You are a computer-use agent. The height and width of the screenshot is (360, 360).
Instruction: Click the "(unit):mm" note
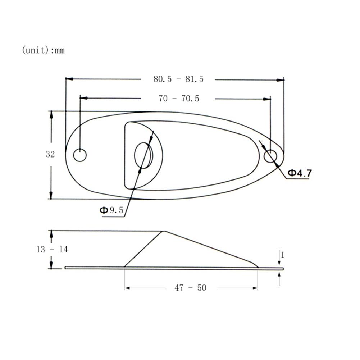pos(43,50)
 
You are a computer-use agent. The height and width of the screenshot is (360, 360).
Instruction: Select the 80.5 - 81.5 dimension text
pos(178,79)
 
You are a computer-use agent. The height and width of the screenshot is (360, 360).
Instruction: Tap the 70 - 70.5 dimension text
pos(178,98)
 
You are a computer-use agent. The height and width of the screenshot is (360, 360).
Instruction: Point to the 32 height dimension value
pos(50,155)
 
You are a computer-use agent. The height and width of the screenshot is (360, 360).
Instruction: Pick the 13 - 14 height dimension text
pos(52,249)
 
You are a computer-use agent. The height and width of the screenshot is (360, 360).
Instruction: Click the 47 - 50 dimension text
pos(191,288)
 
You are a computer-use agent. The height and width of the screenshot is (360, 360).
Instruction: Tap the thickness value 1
pos(283,255)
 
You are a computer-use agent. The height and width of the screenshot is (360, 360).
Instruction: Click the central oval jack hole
pos(143,155)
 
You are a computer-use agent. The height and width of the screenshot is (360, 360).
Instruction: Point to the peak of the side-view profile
pos(164,231)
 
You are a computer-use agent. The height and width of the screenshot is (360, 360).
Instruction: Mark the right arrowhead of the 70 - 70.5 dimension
pos(267,98)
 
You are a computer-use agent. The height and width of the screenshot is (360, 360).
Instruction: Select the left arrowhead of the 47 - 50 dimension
pos(127,288)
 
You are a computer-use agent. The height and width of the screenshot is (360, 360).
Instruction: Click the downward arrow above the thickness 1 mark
pos(279,263)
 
